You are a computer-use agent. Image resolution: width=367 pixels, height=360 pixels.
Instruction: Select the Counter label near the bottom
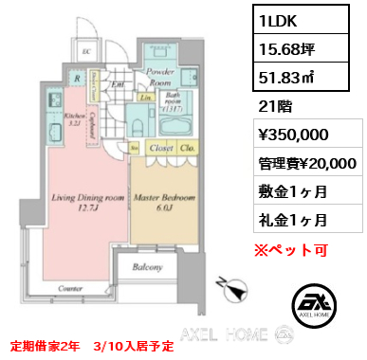(66, 287)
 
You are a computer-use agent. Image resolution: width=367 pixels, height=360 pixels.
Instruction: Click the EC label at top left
(86, 53)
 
